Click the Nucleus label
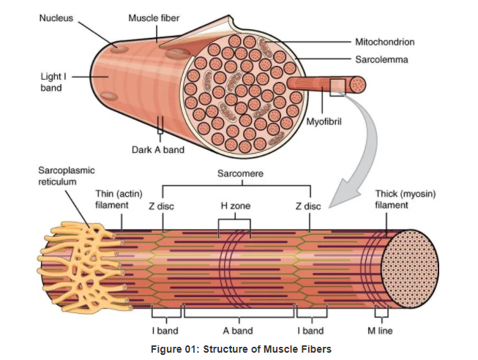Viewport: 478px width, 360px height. click(x=56, y=17)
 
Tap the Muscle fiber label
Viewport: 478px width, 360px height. click(x=154, y=17)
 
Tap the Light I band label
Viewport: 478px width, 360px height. click(x=51, y=82)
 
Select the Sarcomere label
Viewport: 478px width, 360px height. click(x=240, y=173)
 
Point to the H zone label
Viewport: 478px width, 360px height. click(x=235, y=206)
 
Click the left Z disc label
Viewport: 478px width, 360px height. click(x=161, y=206)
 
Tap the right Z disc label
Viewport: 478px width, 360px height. click(x=308, y=206)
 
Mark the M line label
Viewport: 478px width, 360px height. click(x=380, y=331)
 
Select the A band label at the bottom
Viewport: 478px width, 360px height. click(x=237, y=331)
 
